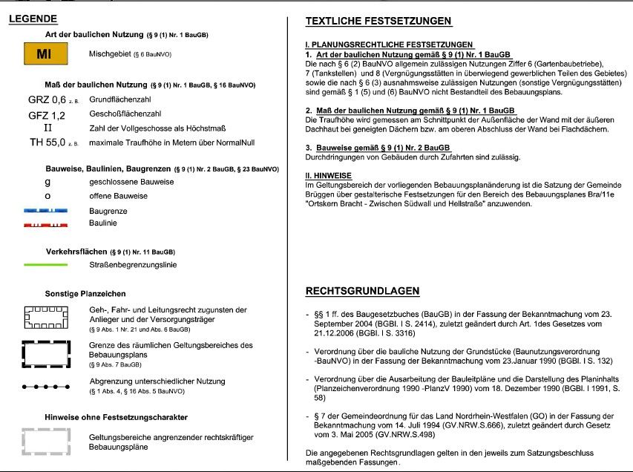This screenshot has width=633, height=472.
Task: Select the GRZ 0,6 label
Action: point(47,99)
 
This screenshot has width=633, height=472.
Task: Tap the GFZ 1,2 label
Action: point(47,115)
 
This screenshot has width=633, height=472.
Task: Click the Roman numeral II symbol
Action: point(47,128)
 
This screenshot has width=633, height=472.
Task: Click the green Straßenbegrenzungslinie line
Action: point(46,264)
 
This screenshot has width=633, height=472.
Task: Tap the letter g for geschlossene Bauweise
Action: point(47,181)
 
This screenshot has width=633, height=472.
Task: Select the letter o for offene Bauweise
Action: point(47,196)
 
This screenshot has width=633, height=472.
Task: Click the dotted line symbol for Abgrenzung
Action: point(46,387)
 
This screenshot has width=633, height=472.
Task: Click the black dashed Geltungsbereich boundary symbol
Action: point(46,351)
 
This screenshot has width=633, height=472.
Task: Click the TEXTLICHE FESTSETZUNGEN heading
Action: point(378,21)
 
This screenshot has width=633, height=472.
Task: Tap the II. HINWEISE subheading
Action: point(329,176)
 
